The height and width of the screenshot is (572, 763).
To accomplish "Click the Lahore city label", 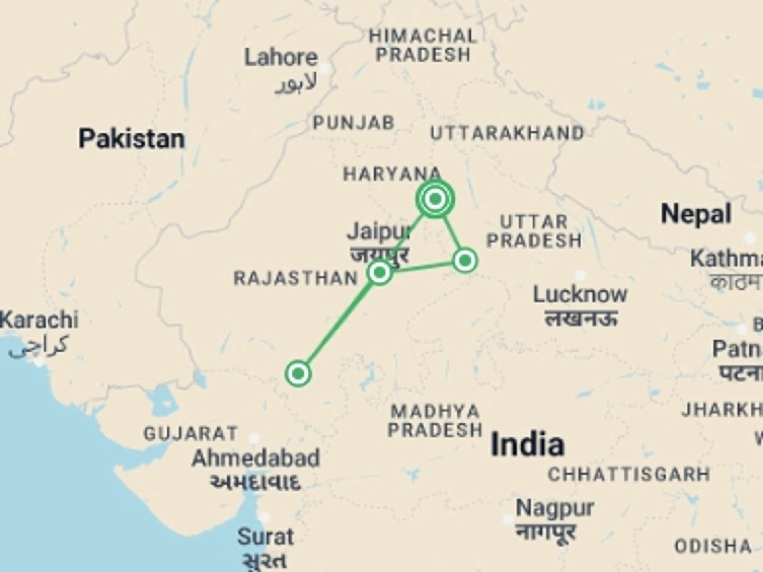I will tap(281, 58).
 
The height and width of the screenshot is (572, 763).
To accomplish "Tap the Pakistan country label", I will tap(132, 139).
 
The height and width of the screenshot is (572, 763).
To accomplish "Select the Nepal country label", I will tap(696, 214).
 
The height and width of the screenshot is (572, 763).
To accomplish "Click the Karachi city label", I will tap(39, 320).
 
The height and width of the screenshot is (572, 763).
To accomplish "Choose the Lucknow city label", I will tap(580, 295).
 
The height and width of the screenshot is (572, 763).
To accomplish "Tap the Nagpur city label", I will tap(555, 508).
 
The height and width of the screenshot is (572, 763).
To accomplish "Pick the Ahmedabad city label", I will tap(256, 458).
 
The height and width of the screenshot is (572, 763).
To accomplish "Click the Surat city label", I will tap(265, 537).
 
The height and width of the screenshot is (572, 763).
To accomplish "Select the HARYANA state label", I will tap(392, 174).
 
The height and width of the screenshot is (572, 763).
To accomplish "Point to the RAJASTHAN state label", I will tap(296, 278).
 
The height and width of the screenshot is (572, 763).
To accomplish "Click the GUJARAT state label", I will tap(191, 433).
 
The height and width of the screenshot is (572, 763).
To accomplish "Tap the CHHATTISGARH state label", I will tap(629, 474).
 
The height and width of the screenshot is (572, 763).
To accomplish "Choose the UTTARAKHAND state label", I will tap(507, 133).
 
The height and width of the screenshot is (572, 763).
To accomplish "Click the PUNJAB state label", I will tap(353, 123).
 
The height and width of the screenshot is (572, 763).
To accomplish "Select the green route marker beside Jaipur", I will tap(380, 272).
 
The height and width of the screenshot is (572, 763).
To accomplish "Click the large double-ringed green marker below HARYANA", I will tap(435, 199).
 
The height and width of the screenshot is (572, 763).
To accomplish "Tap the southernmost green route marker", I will tap(298, 373).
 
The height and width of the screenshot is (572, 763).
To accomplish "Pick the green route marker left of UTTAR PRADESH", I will tap(465, 261).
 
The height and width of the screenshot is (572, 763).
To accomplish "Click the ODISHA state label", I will tap(713, 547).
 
